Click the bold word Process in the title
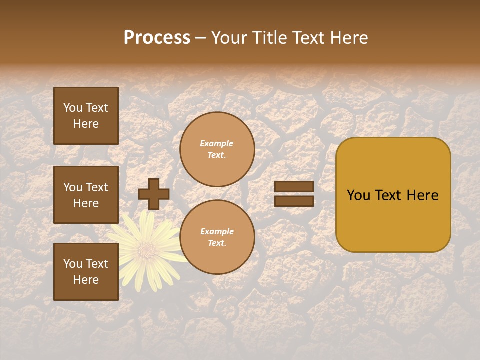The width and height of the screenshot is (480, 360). [157, 38]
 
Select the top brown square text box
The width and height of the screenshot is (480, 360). [86, 116]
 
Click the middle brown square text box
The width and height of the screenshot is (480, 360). [86, 195]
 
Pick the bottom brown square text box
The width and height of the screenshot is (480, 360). [86, 272]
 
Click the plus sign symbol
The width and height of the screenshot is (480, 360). [154, 194]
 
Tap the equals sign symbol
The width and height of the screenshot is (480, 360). [294, 194]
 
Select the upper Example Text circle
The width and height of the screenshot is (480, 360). [217, 149]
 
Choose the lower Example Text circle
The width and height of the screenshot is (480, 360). [217, 237]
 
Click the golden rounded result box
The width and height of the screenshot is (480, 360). [393, 195]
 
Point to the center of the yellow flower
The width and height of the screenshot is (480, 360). [146, 248]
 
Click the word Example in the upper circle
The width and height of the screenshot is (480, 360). [216, 143]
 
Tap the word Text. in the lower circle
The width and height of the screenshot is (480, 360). [217, 243]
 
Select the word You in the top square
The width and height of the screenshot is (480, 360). [73, 108]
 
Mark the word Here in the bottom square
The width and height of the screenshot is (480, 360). [86, 280]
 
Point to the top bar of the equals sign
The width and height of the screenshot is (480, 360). [294, 186]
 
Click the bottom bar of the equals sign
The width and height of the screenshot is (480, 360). [294, 201]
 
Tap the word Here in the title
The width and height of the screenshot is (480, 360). [348, 38]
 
